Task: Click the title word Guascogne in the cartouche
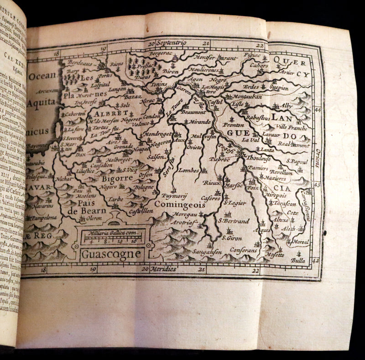pos(111,253)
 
